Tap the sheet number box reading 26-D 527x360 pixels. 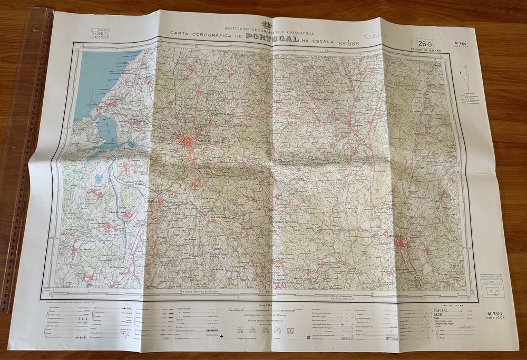425,43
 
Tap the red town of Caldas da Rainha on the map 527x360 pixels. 188,141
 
